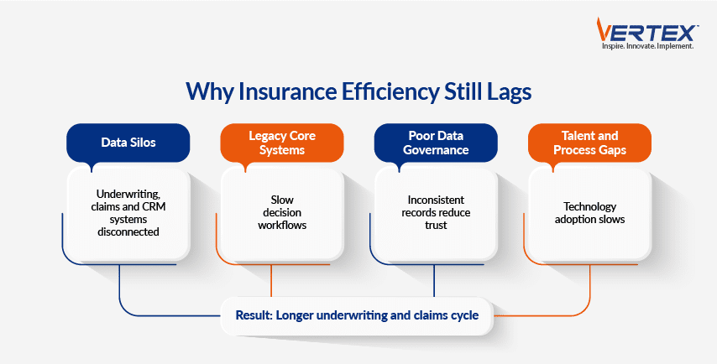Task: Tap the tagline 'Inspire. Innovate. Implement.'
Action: click(x=646, y=46)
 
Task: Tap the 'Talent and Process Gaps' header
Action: click(x=589, y=142)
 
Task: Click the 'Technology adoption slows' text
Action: click(x=589, y=212)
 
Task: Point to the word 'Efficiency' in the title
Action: click(x=387, y=91)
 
